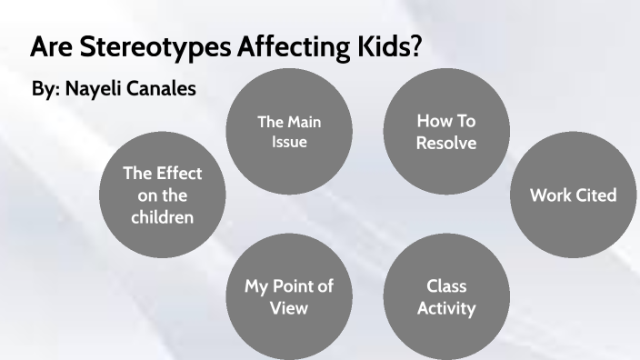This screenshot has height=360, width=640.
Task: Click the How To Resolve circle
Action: click(x=445, y=133)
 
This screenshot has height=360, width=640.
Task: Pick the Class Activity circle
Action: click(x=445, y=296)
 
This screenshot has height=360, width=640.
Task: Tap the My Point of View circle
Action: click(x=288, y=296)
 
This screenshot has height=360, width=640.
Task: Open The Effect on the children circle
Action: click(x=163, y=195)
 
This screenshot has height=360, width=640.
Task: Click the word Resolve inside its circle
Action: click(x=445, y=143)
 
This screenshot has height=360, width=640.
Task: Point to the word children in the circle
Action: click(x=163, y=216)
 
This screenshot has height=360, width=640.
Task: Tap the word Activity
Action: click(x=445, y=308)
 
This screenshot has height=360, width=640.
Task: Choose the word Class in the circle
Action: click(x=445, y=286)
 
